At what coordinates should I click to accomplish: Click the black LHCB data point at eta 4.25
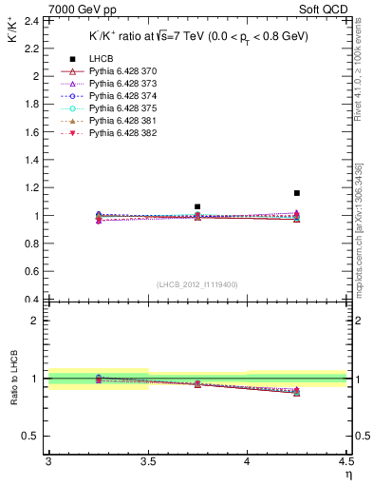click(297, 193)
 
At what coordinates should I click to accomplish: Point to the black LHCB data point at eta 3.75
click(197, 206)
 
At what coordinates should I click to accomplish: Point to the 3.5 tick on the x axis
click(147, 461)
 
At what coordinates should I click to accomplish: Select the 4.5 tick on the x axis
click(345, 461)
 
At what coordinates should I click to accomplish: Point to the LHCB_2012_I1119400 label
click(197, 284)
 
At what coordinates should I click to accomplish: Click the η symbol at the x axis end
click(347, 475)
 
